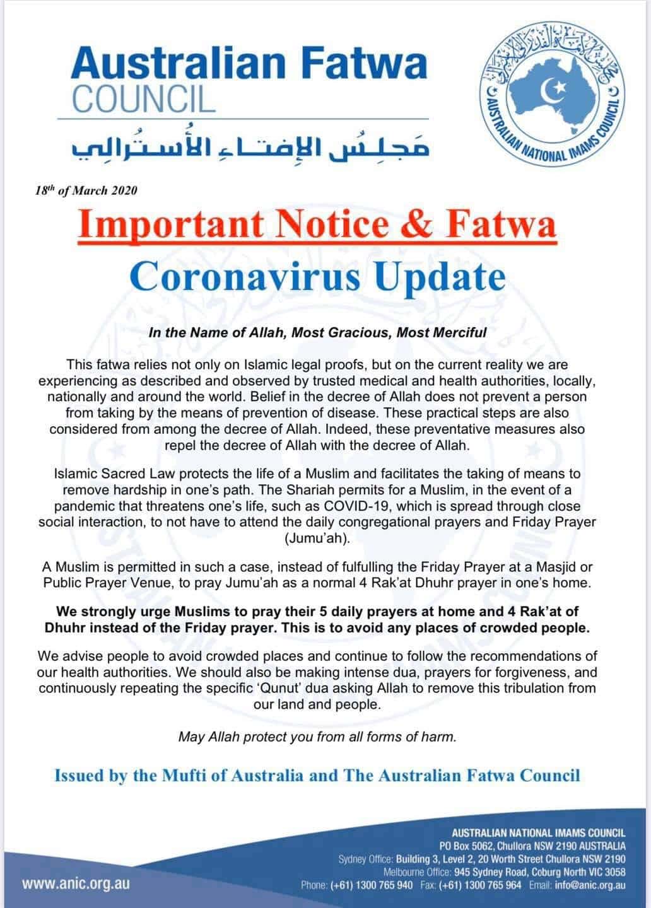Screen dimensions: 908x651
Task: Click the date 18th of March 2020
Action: pos(86,190)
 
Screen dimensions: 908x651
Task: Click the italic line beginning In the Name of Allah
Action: pos(317,332)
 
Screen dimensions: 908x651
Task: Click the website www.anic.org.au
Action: pos(76,883)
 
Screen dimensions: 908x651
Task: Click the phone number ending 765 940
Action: pos(382,885)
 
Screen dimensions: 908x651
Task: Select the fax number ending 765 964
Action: pos(490,885)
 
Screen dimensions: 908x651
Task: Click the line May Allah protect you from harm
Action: pos(317,736)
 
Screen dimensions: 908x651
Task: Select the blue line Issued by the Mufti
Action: pos(317,775)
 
